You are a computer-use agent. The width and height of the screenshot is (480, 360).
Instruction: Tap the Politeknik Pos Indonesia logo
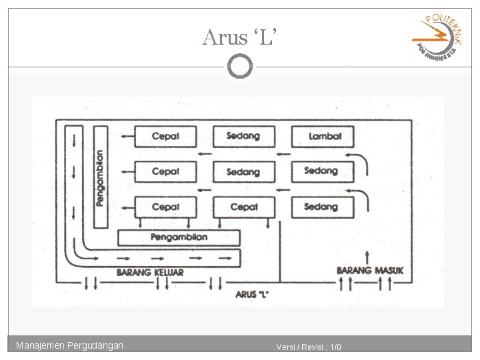[437, 38]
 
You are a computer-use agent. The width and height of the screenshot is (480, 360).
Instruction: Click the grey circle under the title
[240, 66]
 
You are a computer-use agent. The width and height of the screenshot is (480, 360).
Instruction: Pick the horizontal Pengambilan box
[179, 237]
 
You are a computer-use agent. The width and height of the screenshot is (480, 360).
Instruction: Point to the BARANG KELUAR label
[149, 272]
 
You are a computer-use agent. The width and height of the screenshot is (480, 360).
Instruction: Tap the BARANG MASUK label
[369, 271]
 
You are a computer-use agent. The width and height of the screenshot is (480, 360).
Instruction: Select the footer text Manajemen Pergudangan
[69, 345]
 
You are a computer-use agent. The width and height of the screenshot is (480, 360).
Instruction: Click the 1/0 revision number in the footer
[335, 347]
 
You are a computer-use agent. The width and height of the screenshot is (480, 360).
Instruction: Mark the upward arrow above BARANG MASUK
[367, 257]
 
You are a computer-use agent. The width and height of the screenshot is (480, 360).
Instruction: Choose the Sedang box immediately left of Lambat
[243, 137]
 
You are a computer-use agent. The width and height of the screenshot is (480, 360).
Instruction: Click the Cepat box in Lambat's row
[166, 137]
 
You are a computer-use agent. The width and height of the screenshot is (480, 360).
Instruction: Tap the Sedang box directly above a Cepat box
[243, 172]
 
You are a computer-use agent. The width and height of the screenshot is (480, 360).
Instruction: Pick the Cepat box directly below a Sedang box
[243, 207]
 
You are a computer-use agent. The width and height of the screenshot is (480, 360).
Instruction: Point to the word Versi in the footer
[287, 347]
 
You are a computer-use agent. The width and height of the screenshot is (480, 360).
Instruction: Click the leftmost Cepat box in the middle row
[166, 172]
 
